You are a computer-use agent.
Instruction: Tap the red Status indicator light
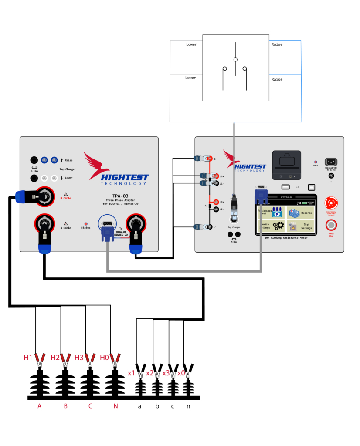tap(86, 223)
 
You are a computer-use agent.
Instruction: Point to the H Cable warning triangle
tap(65, 194)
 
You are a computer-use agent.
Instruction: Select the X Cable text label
tap(65, 228)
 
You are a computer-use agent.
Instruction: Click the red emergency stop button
tap(332, 203)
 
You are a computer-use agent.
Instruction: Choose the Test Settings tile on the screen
tap(300, 226)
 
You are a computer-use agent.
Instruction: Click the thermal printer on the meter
tap(286, 165)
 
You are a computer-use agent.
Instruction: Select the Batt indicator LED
tap(316, 161)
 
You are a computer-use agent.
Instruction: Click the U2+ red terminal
tap(210, 202)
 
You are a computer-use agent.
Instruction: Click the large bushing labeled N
tap(115, 383)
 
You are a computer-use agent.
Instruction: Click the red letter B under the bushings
tap(65, 406)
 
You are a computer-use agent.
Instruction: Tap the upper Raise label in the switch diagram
tap(277, 45)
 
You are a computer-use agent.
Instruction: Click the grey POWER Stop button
tap(332, 225)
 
